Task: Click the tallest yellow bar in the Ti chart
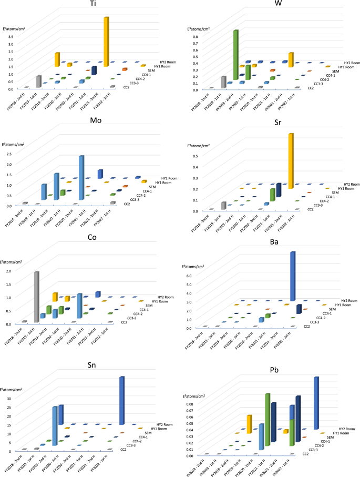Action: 106,39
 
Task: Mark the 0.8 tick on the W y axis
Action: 194,37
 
